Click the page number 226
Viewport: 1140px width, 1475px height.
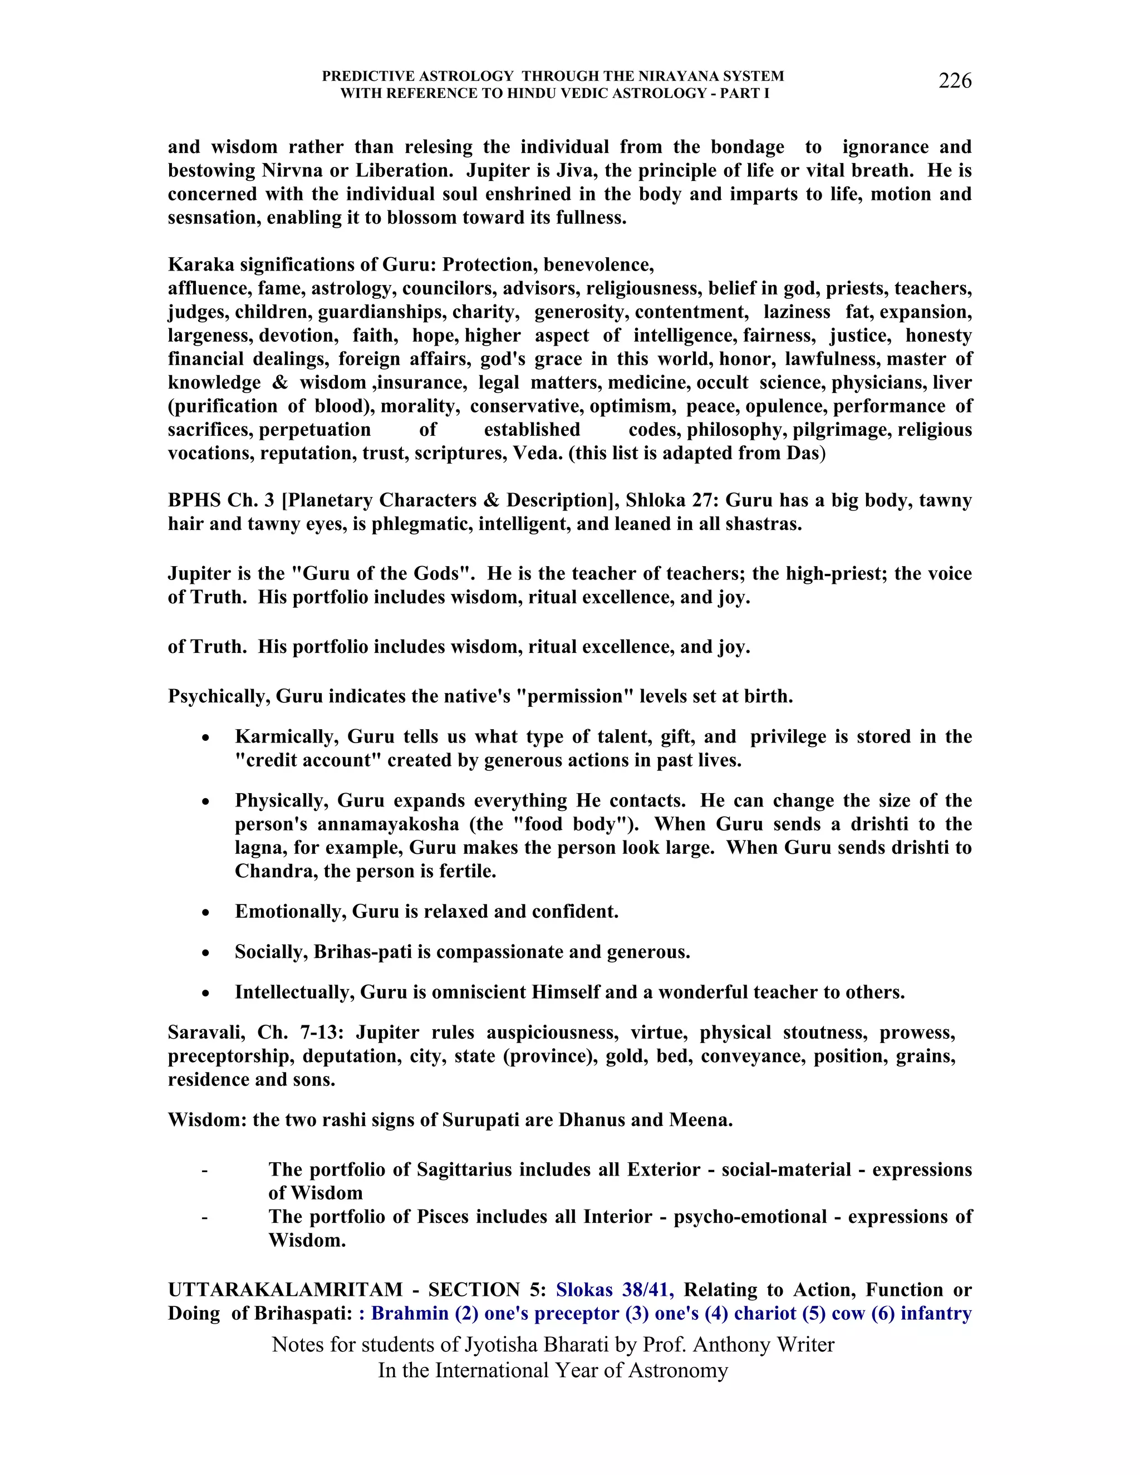(954, 81)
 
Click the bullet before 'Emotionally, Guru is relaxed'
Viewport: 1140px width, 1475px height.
(206, 913)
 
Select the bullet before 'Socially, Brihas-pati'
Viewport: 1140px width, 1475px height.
(206, 953)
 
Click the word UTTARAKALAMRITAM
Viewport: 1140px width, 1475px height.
(285, 1290)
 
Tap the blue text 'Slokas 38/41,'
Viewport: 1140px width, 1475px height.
(615, 1290)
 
